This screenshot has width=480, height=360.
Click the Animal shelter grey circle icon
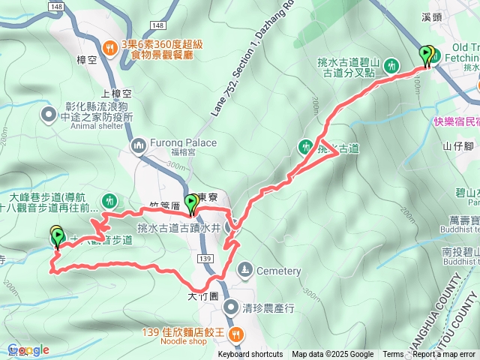pos(49,115)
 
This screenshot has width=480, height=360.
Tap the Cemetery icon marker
pos(244,270)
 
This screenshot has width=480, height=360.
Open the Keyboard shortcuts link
pos(250,355)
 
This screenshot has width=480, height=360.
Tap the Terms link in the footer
pos(393,355)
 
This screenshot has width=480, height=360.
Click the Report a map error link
pos(445,355)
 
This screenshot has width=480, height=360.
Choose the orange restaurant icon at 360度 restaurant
pos(110,47)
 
